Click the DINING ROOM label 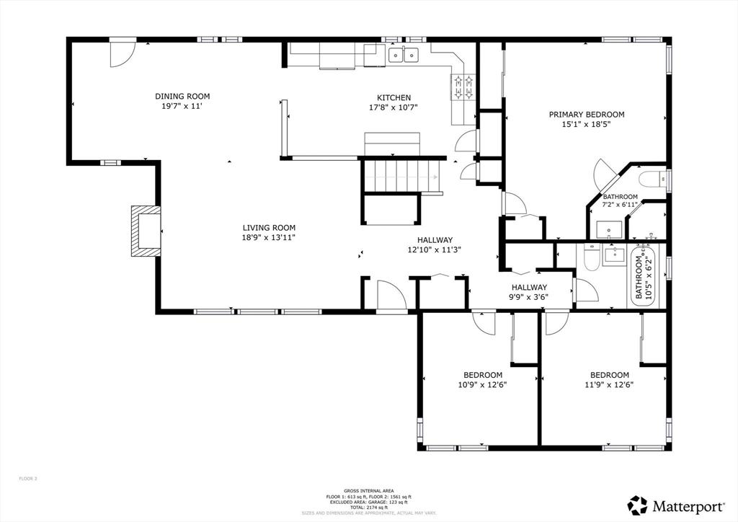[182, 96]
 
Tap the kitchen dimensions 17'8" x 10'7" [394, 107]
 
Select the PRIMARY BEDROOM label [587, 114]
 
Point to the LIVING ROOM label [269, 227]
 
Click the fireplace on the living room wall [145, 231]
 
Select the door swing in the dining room [121, 55]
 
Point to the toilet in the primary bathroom [652, 180]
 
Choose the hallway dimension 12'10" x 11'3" [435, 250]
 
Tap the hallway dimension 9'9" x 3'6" [530, 296]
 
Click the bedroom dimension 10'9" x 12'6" [483, 384]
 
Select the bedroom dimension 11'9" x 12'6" [610, 384]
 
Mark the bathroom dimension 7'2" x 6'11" [620, 205]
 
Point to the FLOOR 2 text [27, 478]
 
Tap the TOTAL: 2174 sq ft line [369, 508]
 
